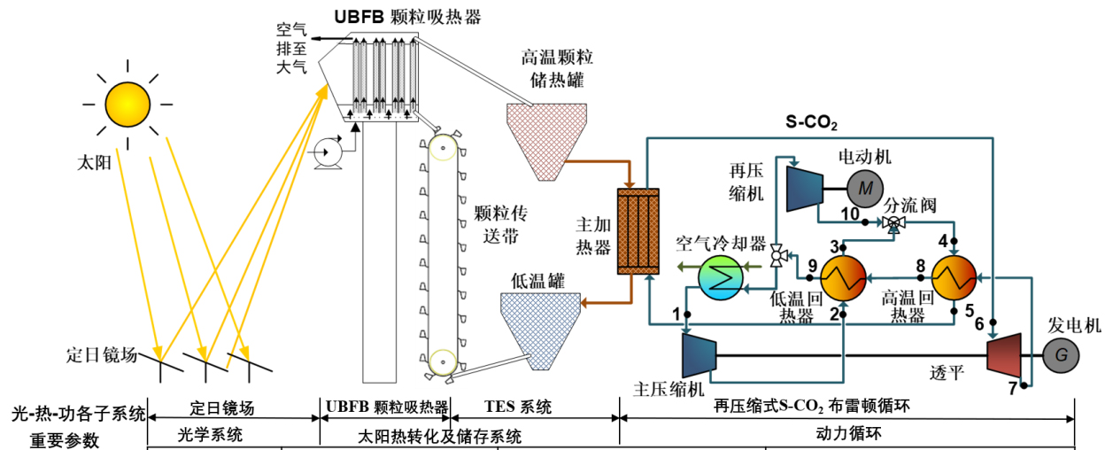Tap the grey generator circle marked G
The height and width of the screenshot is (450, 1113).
[1059, 356]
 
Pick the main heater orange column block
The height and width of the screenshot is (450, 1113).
[638, 221]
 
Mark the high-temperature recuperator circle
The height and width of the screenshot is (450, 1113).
[955, 278]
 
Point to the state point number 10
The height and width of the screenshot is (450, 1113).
[849, 213]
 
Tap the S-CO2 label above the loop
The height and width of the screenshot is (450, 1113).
[812, 121]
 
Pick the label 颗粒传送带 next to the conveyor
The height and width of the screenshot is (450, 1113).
[495, 224]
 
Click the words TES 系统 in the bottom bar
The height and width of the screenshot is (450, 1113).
[519, 407]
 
